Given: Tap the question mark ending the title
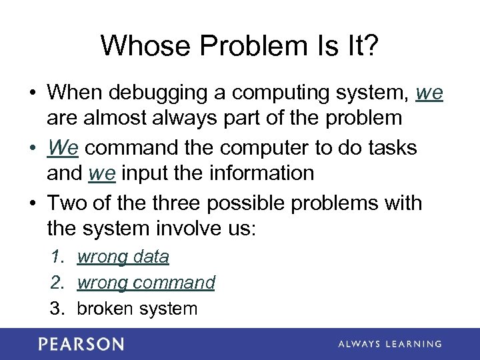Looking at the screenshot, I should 371,46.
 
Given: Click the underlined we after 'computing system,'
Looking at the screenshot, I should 429,93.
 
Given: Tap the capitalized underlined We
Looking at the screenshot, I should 63,147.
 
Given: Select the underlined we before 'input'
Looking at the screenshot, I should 102,173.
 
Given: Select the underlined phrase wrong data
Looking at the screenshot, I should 123,257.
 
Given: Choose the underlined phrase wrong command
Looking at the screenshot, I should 146,283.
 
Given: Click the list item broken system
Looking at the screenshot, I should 137,309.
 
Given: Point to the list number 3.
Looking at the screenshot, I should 56,309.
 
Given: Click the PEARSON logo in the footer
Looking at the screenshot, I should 81,344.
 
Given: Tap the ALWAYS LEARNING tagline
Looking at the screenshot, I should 390,344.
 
